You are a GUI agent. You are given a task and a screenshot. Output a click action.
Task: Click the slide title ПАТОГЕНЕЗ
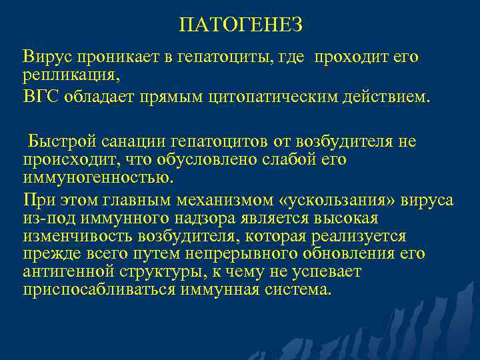click(x=241, y=25)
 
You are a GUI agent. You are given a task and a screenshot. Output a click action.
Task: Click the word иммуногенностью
click(x=97, y=178)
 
